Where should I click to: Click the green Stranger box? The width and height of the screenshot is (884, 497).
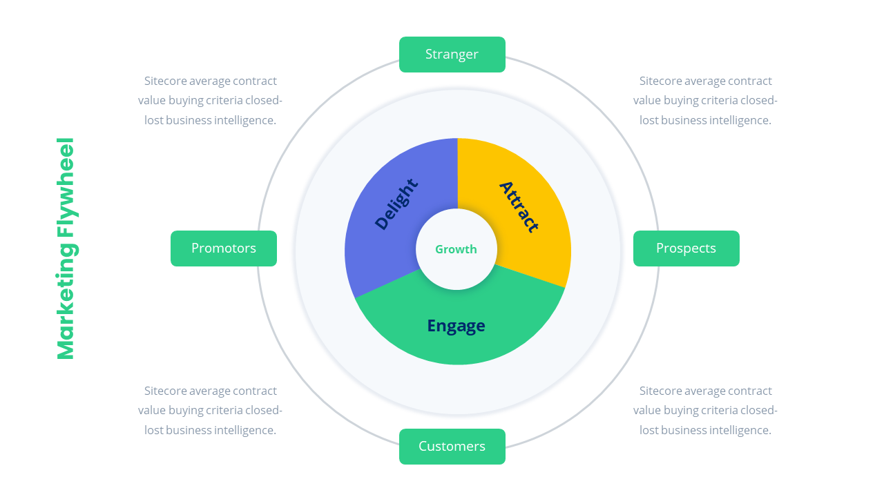452,55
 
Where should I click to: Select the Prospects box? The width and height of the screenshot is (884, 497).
686,248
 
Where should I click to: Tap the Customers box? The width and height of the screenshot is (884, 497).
452,447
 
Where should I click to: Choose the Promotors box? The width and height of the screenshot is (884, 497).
224,248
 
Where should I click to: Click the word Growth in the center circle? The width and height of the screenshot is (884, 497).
456,249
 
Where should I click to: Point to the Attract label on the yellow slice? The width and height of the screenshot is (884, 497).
519,206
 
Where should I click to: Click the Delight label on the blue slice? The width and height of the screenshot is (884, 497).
396,204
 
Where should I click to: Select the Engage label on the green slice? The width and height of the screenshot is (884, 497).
456,325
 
